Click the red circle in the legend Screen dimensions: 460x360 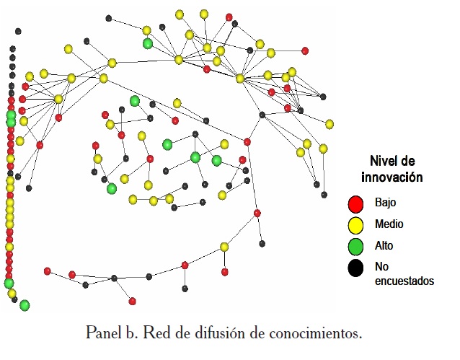[x=354, y=203]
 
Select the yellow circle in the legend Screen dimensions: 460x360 [x=354, y=224]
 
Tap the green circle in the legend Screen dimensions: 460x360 [x=354, y=246]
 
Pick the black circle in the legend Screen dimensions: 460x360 [x=354, y=268]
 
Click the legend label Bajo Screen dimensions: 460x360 [x=385, y=203]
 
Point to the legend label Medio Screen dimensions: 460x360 [x=389, y=224]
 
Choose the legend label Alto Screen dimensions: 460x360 [x=384, y=246]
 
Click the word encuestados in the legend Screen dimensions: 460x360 [x=404, y=281]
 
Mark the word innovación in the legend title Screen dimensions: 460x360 [x=392, y=176]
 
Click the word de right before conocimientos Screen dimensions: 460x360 [x=248, y=333]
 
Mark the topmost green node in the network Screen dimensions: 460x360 [x=148, y=43]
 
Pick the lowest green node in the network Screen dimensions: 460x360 [x=25, y=305]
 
